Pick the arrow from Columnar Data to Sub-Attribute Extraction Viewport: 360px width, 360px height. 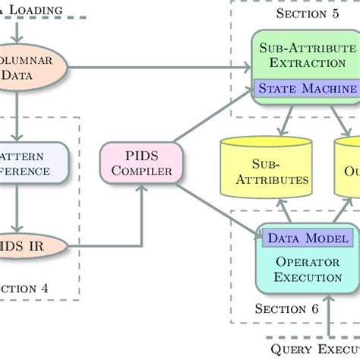[159, 68]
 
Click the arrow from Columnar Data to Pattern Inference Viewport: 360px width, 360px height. [22, 114]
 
